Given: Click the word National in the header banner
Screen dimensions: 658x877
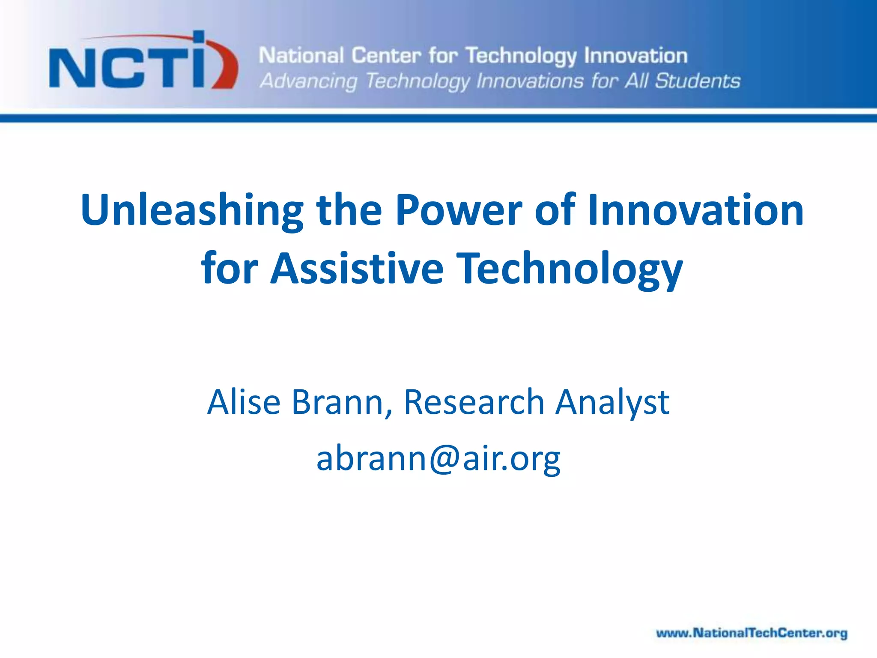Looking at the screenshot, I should click(x=301, y=56).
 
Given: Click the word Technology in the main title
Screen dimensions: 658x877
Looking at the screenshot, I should click(x=569, y=269).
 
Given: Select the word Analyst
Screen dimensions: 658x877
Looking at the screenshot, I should click(x=612, y=403).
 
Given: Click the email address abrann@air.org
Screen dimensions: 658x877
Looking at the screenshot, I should click(x=438, y=458).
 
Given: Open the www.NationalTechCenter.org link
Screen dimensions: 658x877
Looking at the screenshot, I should click(x=752, y=633).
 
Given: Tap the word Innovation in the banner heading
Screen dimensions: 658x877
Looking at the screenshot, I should click(x=636, y=56).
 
